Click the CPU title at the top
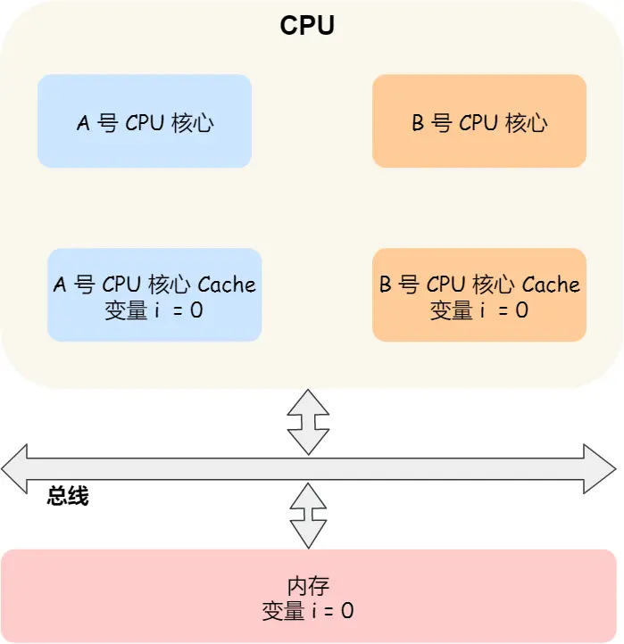pos(308,25)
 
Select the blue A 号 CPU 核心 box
pos(145,121)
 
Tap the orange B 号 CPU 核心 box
pos(478,121)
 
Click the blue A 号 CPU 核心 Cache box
pos(154,295)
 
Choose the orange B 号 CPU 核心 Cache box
pos(478,295)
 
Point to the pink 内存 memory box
pos(308,596)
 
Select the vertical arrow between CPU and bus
pos(308,422)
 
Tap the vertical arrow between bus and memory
pos(308,516)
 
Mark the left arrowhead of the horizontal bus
pos(16,468)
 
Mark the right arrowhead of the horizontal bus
pos(600,468)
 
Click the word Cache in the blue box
pos(227,285)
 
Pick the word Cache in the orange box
pos(551,285)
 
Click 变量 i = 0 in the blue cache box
pos(154,310)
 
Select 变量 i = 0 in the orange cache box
pos(478,310)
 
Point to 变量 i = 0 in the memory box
pos(308,611)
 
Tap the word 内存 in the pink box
pos(308,586)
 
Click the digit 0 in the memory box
pos(347,611)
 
